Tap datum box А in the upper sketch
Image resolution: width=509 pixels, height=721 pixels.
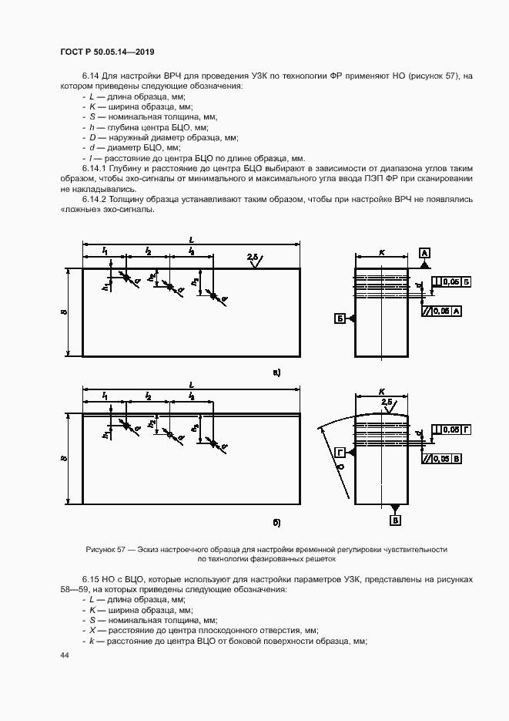pyautogui.click(x=424, y=252)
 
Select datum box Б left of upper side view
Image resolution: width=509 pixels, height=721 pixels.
pyautogui.click(x=339, y=318)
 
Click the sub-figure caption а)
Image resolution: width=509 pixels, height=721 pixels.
pyautogui.click(x=276, y=373)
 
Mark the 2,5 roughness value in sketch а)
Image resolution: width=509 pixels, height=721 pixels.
pyautogui.click(x=253, y=257)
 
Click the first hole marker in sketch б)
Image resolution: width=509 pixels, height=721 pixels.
pyautogui.click(x=124, y=424)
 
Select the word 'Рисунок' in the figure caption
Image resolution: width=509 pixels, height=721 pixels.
pyautogui.click(x=101, y=549)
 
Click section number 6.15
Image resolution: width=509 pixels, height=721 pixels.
pyautogui.click(x=92, y=578)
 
